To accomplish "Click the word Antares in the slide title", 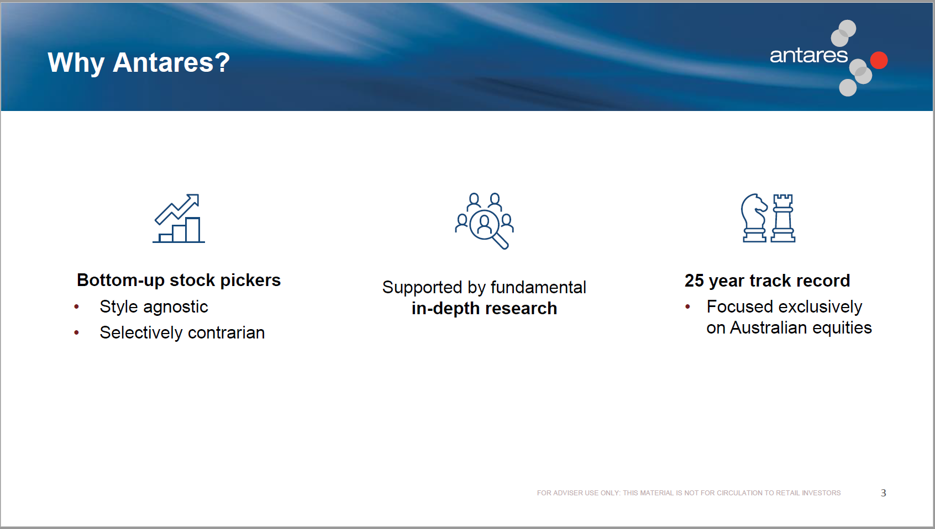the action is (x=163, y=62).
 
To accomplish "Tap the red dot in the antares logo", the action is (x=879, y=60).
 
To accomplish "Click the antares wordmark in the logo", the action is (x=808, y=55).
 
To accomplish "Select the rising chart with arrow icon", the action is (x=178, y=218).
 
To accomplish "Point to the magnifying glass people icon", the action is (x=484, y=221).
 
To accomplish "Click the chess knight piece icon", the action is (x=754, y=218).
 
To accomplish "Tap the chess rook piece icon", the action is (x=782, y=218).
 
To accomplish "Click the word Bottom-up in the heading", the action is (x=120, y=281).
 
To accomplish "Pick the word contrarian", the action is (x=226, y=332).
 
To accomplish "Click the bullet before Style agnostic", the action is (x=76, y=307).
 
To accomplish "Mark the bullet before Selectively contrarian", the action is (x=76, y=332).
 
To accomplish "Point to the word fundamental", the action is (x=538, y=287).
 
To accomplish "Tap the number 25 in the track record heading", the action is (x=694, y=281).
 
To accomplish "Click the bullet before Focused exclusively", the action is (x=687, y=307).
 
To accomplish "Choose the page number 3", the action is (x=883, y=493).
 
